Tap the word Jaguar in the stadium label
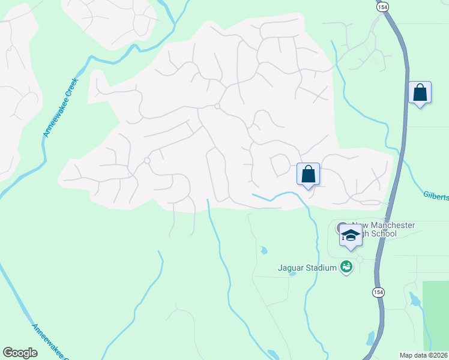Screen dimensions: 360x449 (292, 268)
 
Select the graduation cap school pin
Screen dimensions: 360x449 (351, 235)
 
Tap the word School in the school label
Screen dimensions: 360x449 (384, 233)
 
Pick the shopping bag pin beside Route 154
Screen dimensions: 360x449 (420, 93)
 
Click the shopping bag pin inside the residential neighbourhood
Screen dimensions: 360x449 (308, 174)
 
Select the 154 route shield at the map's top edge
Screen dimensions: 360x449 (383, 5)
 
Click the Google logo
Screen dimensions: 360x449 (20, 353)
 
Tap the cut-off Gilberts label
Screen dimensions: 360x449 (435, 197)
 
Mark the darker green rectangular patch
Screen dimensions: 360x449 (435, 315)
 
